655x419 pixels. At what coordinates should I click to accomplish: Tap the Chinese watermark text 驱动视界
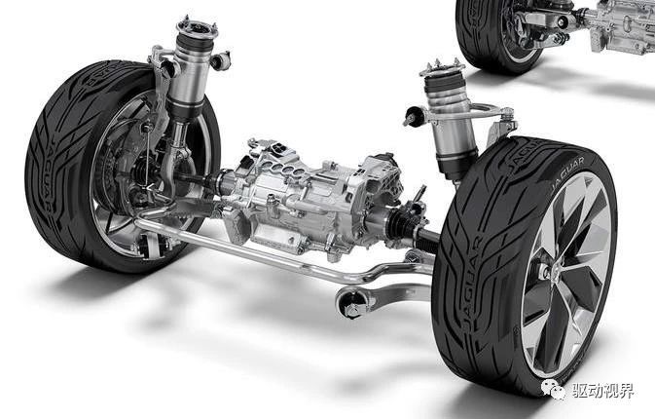tap(602, 391)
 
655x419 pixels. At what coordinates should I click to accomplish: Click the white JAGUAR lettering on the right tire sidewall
tap(567, 172)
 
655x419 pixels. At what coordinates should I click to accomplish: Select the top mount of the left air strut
tap(198, 28)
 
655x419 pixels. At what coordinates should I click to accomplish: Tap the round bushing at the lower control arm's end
tap(350, 303)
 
